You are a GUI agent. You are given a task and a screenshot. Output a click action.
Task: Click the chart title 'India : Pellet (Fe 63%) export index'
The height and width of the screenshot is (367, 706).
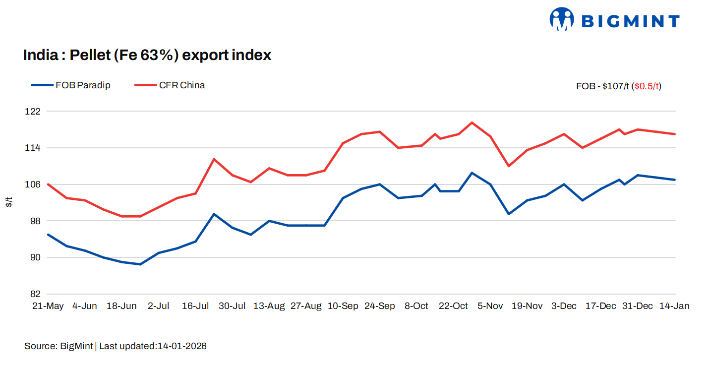pos(147,55)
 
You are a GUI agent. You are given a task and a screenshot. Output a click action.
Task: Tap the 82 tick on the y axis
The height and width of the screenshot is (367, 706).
pos(36,294)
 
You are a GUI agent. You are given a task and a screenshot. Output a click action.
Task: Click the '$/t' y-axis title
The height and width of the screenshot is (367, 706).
pos(9,202)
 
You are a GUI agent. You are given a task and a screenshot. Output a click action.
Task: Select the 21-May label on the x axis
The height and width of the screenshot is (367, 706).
pos(48,306)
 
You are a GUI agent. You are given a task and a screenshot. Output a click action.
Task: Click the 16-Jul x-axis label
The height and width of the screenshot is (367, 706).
pos(195,306)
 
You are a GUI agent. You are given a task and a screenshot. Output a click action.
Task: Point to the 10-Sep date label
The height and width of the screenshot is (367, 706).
pos(343,306)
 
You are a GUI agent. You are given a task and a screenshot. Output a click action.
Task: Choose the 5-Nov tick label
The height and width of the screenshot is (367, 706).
pos(490,306)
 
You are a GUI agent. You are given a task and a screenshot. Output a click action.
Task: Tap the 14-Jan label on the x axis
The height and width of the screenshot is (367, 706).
pos(674,306)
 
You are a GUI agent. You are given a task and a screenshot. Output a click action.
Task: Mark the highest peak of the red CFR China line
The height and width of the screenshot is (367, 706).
pos(472,122)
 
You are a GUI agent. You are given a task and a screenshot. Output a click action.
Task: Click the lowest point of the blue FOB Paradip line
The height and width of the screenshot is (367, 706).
pos(140,264)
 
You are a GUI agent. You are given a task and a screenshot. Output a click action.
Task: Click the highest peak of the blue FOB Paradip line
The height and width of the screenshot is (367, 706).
pos(472,173)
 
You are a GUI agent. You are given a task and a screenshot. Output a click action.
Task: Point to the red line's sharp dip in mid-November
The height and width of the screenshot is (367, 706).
pos(509,166)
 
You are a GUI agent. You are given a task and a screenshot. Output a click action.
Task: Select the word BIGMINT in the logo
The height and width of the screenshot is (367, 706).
pos(630,21)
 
